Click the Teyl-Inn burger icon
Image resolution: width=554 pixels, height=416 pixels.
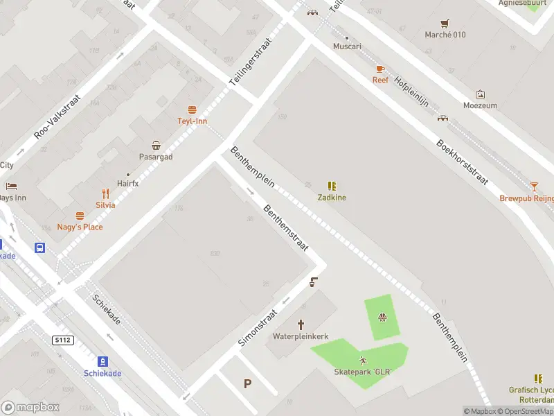pyautogui.click(x=192, y=110)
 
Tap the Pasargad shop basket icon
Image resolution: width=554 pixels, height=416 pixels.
pyautogui.click(x=157, y=146)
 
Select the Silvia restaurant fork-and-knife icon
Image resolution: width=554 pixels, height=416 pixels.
pyautogui.click(x=106, y=193)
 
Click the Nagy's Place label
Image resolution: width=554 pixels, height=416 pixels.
pyautogui.click(x=80, y=227)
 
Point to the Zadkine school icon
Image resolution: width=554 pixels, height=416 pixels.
pyautogui.click(x=332, y=186)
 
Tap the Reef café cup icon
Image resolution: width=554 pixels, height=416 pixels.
pyautogui.click(x=379, y=69)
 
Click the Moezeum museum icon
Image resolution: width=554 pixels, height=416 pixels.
pyautogui.click(x=480, y=94)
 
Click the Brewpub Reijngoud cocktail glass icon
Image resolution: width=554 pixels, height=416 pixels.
pyautogui.click(x=534, y=187)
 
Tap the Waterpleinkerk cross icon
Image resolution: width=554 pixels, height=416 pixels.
pyautogui.click(x=301, y=324)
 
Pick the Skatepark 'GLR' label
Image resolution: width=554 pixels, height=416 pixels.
pyautogui.click(x=363, y=372)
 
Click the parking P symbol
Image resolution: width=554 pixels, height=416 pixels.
pyautogui.click(x=247, y=383)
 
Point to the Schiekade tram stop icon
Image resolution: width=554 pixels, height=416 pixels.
pyautogui.click(x=102, y=361)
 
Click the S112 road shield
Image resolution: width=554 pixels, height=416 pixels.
pyautogui.click(x=62, y=340)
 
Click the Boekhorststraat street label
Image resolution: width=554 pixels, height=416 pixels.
pyautogui.click(x=462, y=163)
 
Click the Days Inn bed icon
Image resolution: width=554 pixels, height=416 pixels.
pyautogui.click(x=11, y=186)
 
